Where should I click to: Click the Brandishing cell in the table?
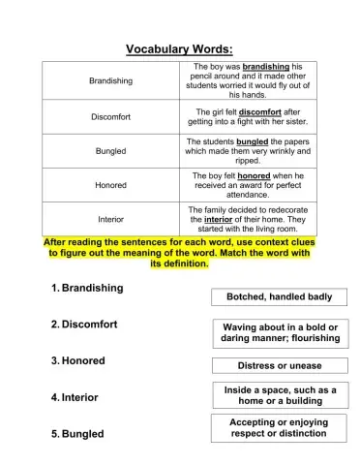[110, 80]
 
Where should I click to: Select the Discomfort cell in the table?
[110, 116]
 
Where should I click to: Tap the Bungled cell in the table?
[110, 151]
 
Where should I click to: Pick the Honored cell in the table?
[110, 184]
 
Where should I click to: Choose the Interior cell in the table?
[110, 218]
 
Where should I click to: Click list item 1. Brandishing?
[87, 288]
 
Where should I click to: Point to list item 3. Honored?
[77, 360]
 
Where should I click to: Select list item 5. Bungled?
[76, 434]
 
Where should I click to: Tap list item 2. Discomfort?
[83, 324]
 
